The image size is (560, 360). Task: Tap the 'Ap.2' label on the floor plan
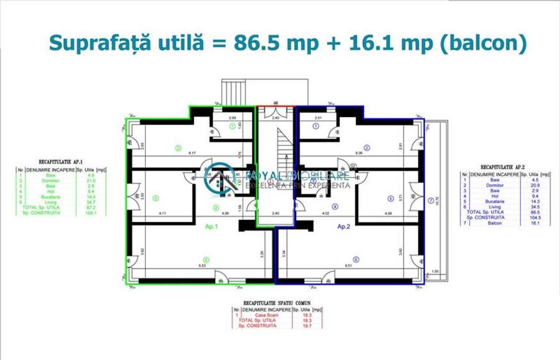point(344,226)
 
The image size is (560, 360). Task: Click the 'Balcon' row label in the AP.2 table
point(479,224)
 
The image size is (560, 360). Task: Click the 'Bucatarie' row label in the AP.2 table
point(480,201)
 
